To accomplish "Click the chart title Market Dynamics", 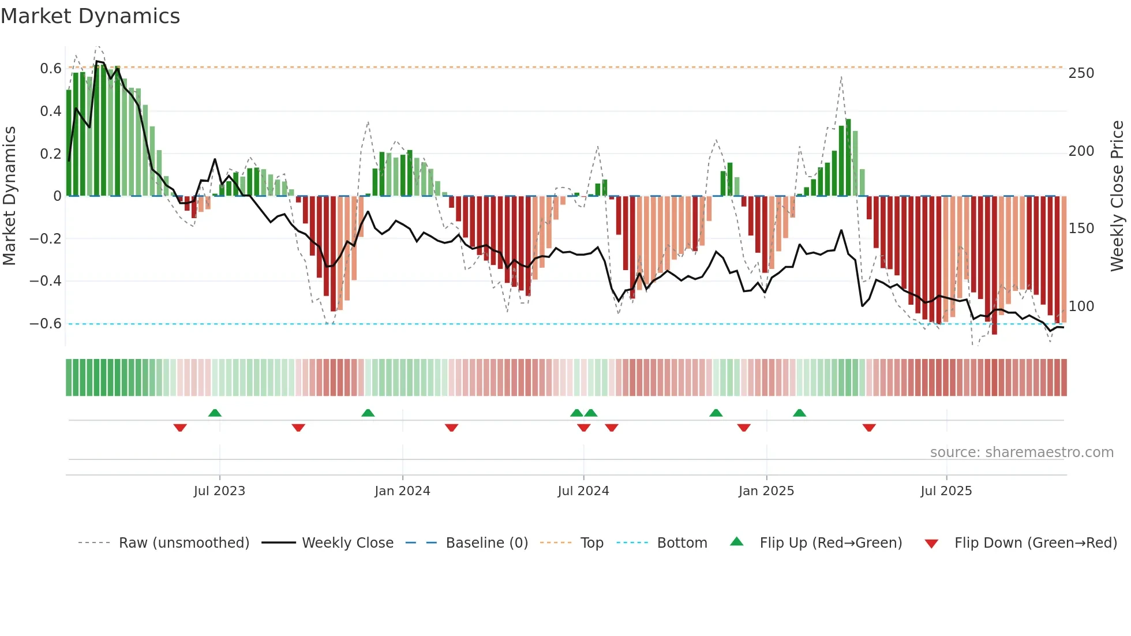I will [91, 16].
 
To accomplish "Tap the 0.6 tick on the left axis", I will [51, 69].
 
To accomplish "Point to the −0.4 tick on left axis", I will [46, 281].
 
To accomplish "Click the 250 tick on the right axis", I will [1081, 73].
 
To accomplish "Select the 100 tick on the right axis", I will [1081, 306].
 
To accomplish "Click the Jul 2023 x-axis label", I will [219, 491].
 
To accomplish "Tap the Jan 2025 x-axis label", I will [766, 491].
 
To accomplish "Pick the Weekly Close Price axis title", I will [1117, 196].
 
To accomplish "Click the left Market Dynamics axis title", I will [9, 196].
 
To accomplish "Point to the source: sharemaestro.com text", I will [1021, 452].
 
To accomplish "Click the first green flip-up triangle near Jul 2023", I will [215, 413].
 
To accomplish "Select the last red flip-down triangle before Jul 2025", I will [869, 428].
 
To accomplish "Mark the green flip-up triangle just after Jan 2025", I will [799, 413].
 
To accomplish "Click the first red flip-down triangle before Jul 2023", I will [180, 428].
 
